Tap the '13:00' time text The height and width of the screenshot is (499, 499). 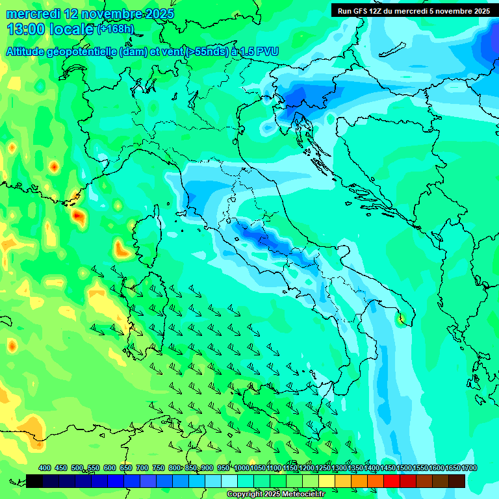point(25,29)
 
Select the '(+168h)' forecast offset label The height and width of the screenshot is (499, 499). point(115,29)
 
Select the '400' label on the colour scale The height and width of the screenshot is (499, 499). point(45,468)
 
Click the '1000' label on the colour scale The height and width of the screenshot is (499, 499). point(242,468)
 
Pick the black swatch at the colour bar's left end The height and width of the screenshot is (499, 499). point(34,481)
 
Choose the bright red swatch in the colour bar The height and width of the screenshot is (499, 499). point(392,481)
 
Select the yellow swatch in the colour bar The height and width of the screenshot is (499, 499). point(327,481)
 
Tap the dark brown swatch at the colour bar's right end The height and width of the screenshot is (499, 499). point(457,481)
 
